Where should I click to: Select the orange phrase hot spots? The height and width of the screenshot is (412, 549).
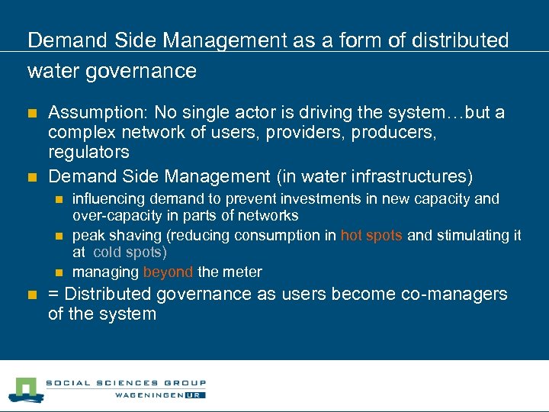(x=372, y=235)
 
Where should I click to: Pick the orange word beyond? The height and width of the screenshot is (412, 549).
(x=168, y=272)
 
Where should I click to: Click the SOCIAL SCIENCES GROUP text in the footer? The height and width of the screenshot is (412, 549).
(x=126, y=383)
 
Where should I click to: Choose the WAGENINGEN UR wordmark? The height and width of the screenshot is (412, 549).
(x=160, y=394)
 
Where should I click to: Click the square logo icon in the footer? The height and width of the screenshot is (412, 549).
(x=26, y=389)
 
